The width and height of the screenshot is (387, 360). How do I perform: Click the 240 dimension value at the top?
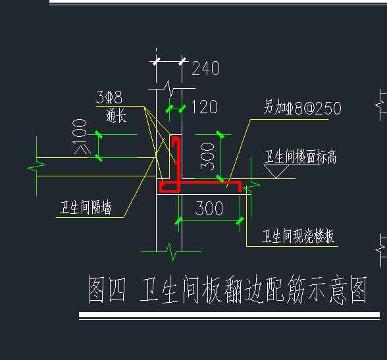[x=205, y=68]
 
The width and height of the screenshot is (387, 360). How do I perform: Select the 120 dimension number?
[x=204, y=107]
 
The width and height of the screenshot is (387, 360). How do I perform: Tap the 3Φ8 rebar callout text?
[x=109, y=97]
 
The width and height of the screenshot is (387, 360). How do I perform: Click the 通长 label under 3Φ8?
[x=116, y=115]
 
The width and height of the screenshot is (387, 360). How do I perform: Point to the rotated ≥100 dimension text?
[x=80, y=137]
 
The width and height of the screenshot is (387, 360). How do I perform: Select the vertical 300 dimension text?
[x=207, y=157]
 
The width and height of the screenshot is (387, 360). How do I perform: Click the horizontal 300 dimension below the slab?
[x=209, y=208]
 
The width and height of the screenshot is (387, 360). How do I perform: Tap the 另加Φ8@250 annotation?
[x=302, y=107]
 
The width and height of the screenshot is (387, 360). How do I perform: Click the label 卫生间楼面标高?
[x=300, y=157]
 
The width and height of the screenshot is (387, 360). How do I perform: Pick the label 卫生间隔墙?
[x=86, y=207]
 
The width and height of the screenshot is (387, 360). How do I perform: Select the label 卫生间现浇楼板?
[x=298, y=236]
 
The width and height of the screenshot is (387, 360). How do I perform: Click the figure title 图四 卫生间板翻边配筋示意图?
[x=228, y=290]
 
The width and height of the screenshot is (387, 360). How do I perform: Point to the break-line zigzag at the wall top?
[x=170, y=88]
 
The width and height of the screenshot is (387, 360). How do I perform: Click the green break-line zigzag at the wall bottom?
[x=172, y=252]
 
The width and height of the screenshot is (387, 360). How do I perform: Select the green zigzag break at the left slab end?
[x=37, y=167]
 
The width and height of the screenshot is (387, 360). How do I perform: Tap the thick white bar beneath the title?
[x=229, y=315]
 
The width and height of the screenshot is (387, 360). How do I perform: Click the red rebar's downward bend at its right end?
[x=239, y=187]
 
